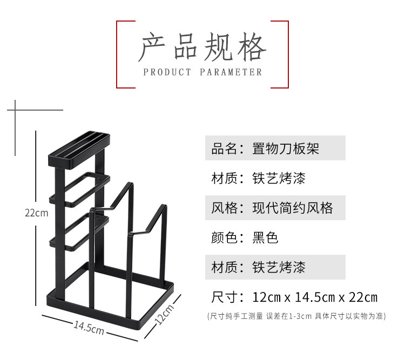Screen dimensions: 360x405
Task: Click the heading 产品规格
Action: (x=202, y=47)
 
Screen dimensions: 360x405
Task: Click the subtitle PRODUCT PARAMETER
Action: (x=202, y=72)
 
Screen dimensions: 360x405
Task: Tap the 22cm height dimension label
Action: (x=36, y=213)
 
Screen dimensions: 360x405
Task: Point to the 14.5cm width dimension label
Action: (x=89, y=327)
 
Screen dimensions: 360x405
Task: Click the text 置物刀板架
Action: (x=286, y=148)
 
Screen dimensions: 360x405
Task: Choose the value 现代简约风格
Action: (x=293, y=208)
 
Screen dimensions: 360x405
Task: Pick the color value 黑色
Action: (x=265, y=237)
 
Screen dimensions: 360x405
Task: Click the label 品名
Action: (x=225, y=148)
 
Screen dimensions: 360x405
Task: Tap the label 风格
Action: (x=225, y=208)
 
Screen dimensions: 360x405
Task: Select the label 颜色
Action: (x=225, y=237)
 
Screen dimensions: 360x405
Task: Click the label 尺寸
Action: (x=225, y=297)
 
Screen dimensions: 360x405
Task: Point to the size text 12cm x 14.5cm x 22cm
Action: (x=315, y=297)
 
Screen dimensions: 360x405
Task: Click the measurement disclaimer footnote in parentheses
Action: (x=296, y=316)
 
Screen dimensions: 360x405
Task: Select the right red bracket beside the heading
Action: (x=286, y=54)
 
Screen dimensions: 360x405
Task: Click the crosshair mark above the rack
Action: (x=16, y=110)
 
